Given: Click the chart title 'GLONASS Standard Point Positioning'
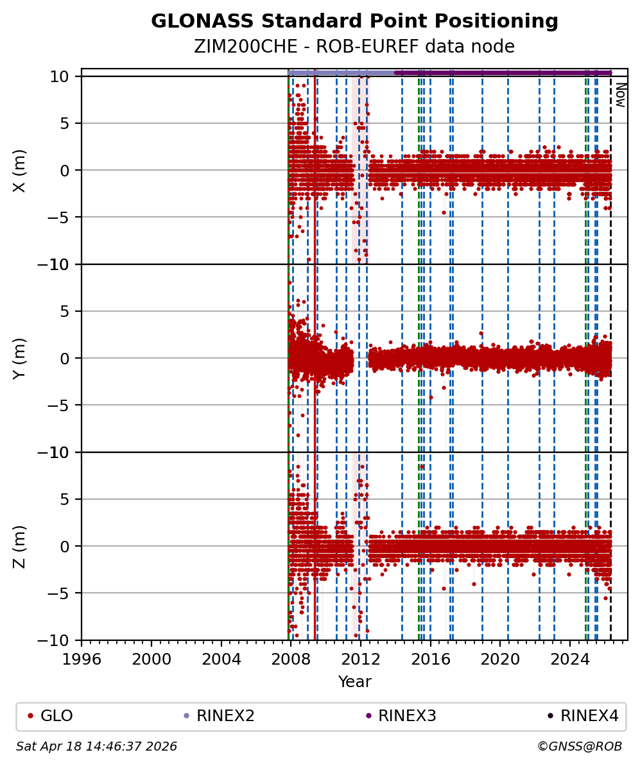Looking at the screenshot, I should [354, 22].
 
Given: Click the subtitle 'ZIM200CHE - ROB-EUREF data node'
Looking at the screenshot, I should [354, 47].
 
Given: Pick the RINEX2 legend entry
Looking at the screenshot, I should [222, 716].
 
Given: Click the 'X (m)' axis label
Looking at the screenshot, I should [20, 170].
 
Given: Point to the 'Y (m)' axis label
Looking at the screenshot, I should [20, 358].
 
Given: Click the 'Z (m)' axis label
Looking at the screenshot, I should [20, 546].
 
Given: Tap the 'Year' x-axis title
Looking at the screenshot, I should [354, 682].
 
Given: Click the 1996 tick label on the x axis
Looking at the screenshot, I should [82, 659].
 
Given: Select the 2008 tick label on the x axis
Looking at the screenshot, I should [291, 659].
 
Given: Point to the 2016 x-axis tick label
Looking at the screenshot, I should [431, 659].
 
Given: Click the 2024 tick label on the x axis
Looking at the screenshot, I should [571, 659].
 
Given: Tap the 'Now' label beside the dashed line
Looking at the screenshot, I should [620, 95].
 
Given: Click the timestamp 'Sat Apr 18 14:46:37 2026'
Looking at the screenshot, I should [96, 747].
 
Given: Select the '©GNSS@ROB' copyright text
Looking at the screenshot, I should [579, 747].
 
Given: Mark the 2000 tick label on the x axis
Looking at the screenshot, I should [151, 659].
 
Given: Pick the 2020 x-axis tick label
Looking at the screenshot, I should [501, 659].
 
